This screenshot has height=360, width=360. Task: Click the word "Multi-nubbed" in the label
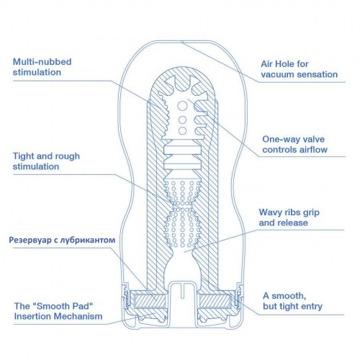pos(42,62)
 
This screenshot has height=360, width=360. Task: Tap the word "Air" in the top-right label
pos(266,64)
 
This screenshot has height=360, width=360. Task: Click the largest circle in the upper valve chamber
pos(183,106)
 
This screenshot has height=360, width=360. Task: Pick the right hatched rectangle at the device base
pos(215,302)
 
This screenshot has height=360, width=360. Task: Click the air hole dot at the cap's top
pos(182,42)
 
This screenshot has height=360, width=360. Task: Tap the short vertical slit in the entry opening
pos(182,291)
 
